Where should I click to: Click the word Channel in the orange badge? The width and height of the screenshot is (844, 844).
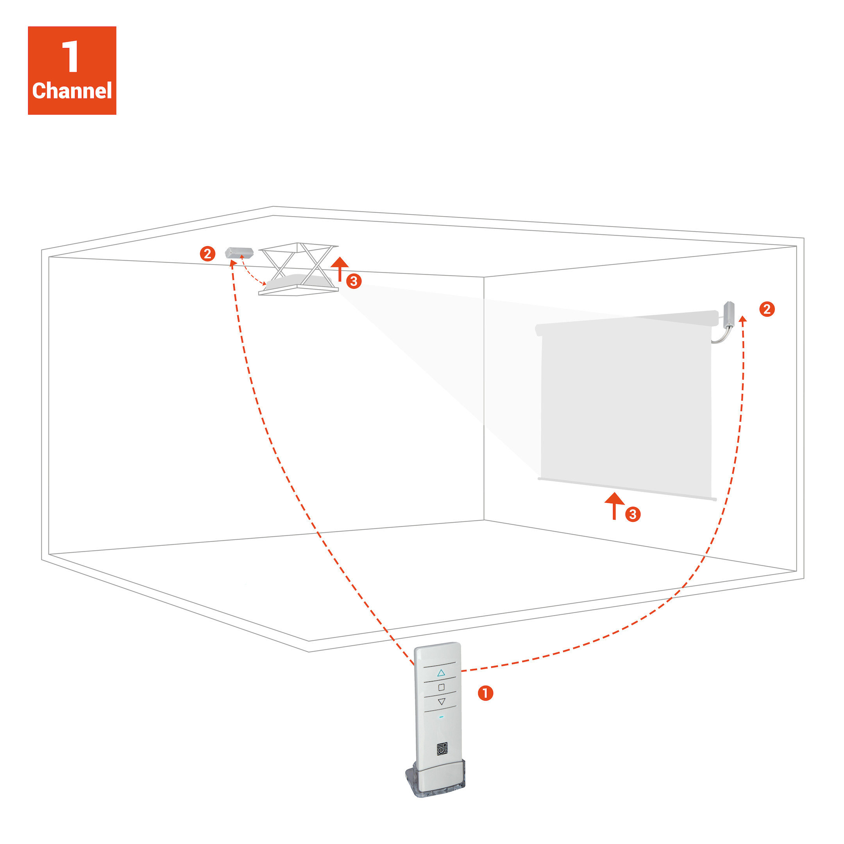[72, 91]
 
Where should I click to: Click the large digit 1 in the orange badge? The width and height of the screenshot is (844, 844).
[70, 56]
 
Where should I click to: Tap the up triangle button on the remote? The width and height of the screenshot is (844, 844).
[441, 673]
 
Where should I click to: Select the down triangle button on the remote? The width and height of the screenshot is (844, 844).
[442, 702]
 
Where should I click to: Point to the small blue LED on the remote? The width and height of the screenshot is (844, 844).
[441, 717]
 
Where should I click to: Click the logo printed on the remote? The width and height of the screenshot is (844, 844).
[442, 749]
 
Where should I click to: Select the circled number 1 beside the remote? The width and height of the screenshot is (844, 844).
[485, 693]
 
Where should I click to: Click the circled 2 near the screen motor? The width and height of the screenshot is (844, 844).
[767, 309]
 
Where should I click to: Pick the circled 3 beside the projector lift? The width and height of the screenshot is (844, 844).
[354, 281]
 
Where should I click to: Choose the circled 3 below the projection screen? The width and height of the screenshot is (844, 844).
[633, 514]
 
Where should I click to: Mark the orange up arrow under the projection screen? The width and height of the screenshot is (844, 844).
[615, 506]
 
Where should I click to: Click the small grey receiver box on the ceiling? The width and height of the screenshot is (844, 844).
[240, 252]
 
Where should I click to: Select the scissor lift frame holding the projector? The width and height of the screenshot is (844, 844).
[299, 269]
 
